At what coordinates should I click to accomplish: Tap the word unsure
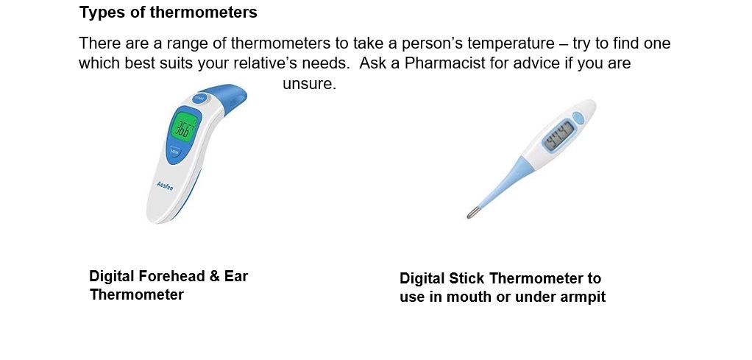(x=309, y=84)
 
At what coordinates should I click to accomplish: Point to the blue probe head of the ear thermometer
(x=228, y=97)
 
